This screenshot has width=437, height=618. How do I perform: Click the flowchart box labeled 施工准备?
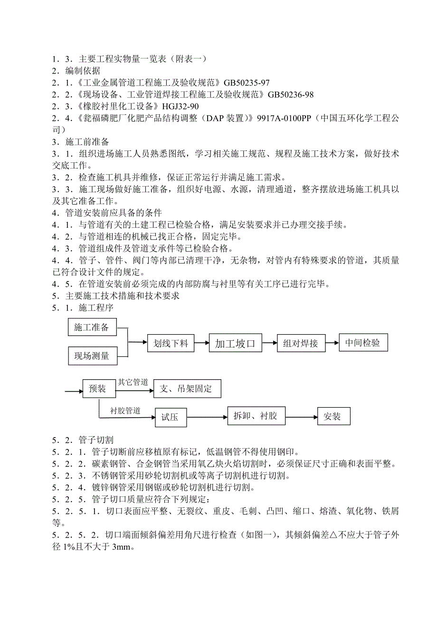click(x=92, y=328)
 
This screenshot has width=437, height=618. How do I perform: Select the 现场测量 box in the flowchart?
click(x=92, y=356)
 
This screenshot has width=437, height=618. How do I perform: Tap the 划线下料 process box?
click(x=171, y=343)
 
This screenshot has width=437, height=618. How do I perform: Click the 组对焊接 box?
click(x=300, y=343)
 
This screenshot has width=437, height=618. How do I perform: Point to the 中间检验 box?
click(x=363, y=343)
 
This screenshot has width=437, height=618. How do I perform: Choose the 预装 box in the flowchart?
click(x=97, y=389)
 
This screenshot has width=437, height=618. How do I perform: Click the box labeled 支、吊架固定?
click(x=187, y=389)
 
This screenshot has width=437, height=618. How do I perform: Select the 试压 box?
click(x=170, y=417)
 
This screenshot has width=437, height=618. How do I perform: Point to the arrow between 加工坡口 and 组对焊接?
click(x=270, y=342)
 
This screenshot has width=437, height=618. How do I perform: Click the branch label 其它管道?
click(x=133, y=382)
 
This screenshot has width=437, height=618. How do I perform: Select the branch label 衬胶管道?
click(x=125, y=411)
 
